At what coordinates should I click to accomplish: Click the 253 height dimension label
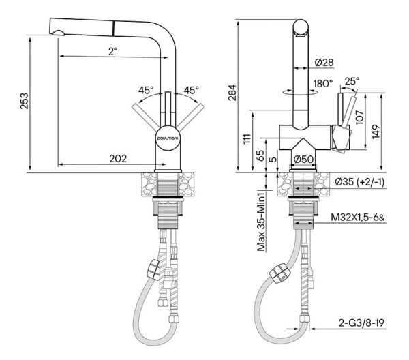point(25,101)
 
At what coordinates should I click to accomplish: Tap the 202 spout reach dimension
point(118,158)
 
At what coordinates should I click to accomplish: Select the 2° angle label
point(113,51)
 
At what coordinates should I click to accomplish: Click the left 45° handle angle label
point(146,90)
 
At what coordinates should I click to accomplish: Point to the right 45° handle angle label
point(191,90)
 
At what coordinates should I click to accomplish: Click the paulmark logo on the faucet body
point(168,139)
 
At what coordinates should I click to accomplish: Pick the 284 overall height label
point(232,92)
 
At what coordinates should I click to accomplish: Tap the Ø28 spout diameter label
point(324,62)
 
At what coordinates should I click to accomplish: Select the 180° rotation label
point(323,84)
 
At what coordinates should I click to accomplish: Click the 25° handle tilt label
point(352,81)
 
